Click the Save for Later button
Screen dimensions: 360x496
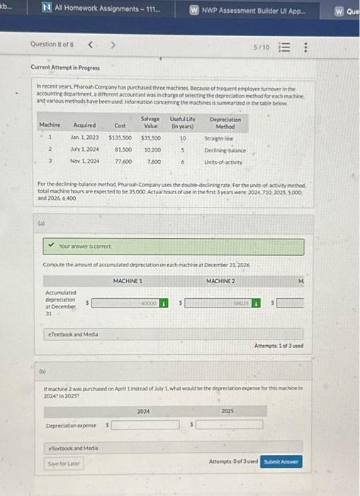click(x=63, y=463)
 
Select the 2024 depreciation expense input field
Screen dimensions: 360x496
click(x=144, y=424)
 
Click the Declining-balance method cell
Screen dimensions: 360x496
click(x=225, y=150)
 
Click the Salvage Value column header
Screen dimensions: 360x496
click(x=150, y=123)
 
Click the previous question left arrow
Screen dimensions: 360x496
click(x=90, y=45)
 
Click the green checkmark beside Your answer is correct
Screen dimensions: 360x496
click(x=50, y=247)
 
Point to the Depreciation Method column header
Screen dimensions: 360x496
click(x=225, y=123)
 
